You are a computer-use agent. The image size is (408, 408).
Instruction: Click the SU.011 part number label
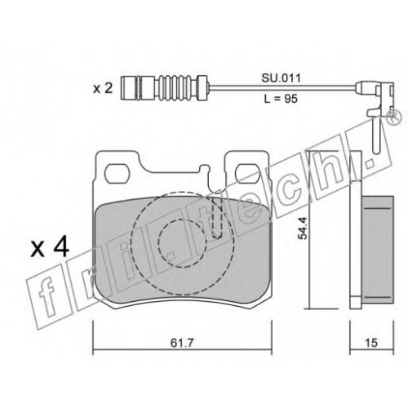pyautogui.click(x=282, y=78)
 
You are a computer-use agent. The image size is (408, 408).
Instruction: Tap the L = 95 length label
pyautogui.click(x=281, y=99)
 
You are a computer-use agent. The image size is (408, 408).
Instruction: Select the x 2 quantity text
pyautogui.click(x=103, y=89)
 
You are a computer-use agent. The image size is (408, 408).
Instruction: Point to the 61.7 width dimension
pyautogui.click(x=182, y=343)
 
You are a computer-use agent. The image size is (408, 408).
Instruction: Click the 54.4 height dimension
pyautogui.click(x=302, y=228)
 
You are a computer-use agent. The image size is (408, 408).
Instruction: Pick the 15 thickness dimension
pyautogui.click(x=371, y=343)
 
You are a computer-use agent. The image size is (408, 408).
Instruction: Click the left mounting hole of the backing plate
pyautogui.click(x=117, y=174)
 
